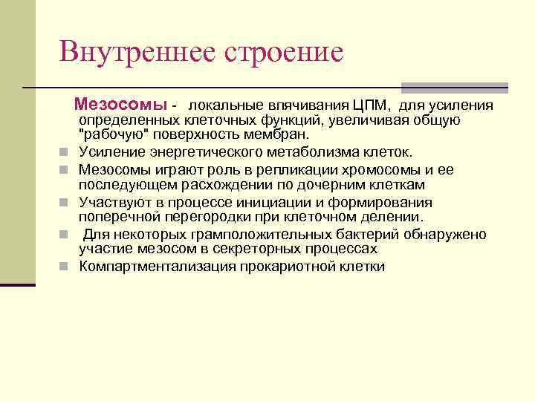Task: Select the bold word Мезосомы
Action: click(121, 104)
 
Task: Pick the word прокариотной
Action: click(291, 266)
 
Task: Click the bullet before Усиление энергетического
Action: click(65, 153)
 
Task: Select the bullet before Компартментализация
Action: click(65, 267)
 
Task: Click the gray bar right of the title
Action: click(454, 87)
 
